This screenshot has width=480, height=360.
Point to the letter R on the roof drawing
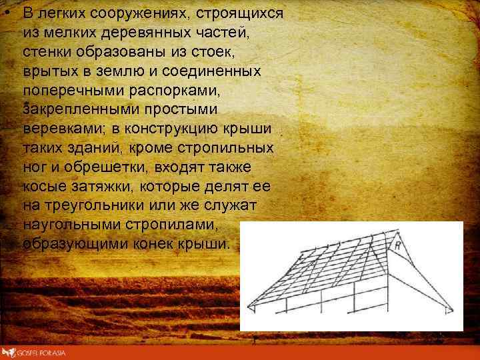click(399, 246)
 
